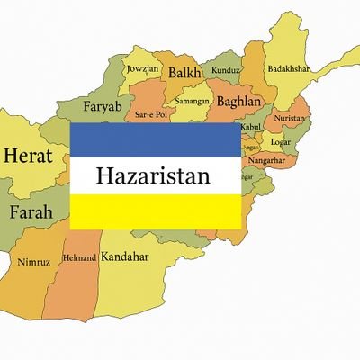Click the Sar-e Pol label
point(150,116)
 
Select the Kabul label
point(250,129)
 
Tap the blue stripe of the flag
point(155,139)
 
